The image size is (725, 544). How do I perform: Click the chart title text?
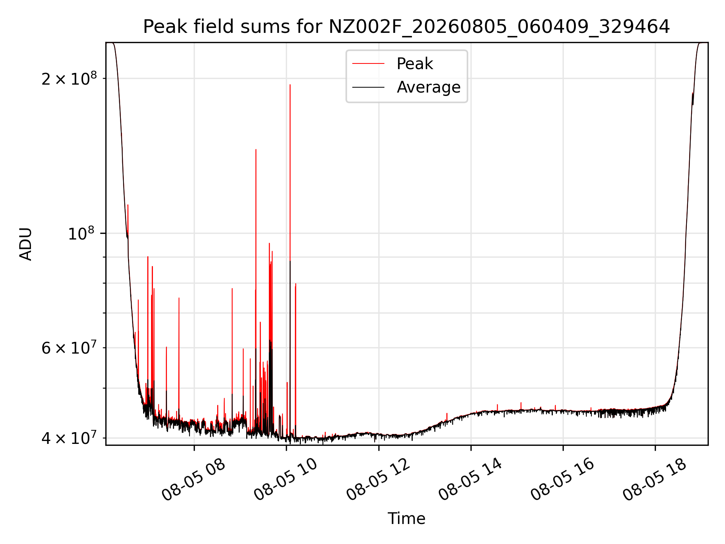click(x=406, y=27)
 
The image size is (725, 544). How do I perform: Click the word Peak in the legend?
click(x=415, y=64)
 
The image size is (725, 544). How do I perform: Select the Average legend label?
click(x=429, y=87)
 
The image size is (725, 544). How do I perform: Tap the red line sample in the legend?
click(x=368, y=64)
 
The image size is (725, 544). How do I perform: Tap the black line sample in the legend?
click(x=368, y=87)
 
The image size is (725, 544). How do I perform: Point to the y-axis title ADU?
click(x=26, y=244)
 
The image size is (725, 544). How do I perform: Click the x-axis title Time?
click(x=406, y=519)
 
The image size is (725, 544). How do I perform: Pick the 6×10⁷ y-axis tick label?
click(x=69, y=348)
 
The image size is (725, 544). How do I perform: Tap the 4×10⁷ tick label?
click(x=69, y=438)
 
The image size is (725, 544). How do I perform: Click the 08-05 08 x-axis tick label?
click(x=193, y=479)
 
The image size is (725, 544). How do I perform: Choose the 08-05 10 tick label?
click(x=285, y=479)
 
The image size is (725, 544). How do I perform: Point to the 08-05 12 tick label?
click(x=378, y=479)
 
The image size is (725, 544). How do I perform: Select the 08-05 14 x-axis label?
click(x=470, y=479)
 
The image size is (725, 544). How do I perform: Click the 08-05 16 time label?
click(x=563, y=479)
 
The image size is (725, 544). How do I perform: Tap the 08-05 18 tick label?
click(x=655, y=479)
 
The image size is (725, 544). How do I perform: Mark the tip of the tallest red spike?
click(x=290, y=85)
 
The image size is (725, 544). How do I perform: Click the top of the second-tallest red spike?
click(x=256, y=150)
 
